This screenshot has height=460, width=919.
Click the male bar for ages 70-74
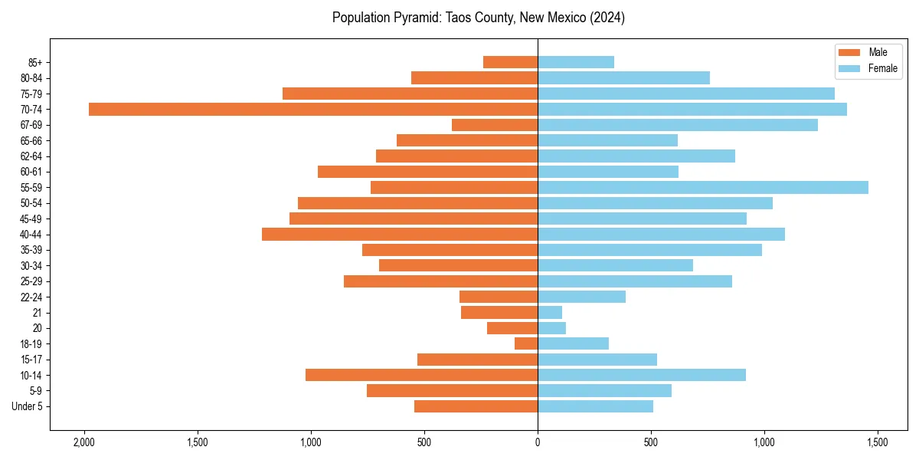(313, 110)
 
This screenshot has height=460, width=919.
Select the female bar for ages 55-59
(703, 188)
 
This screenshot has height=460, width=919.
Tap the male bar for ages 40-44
(400, 235)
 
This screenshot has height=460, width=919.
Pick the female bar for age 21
(550, 313)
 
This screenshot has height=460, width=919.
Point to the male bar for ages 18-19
(526, 344)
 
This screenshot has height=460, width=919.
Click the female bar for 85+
(576, 63)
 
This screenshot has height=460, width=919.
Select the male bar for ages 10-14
(421, 376)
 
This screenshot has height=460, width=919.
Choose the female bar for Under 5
(595, 406)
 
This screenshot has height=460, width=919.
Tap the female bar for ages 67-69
(678, 125)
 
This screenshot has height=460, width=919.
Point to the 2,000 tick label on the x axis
(83, 443)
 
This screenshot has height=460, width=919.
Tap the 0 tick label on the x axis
(538, 443)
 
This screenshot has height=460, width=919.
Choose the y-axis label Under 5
(27, 406)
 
